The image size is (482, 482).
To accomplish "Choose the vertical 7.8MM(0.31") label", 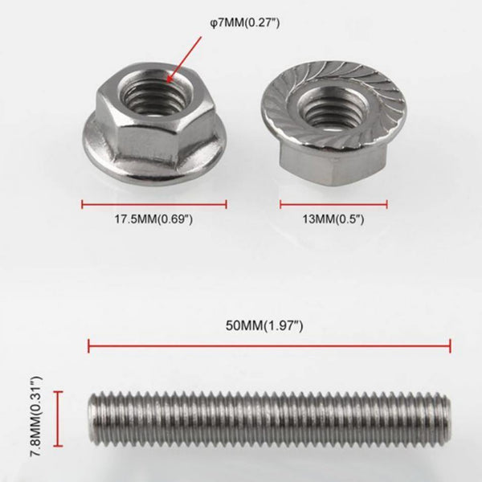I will [37, 418].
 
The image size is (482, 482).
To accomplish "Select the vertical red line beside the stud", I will [58, 418].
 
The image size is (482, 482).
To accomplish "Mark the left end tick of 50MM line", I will [88, 347].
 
